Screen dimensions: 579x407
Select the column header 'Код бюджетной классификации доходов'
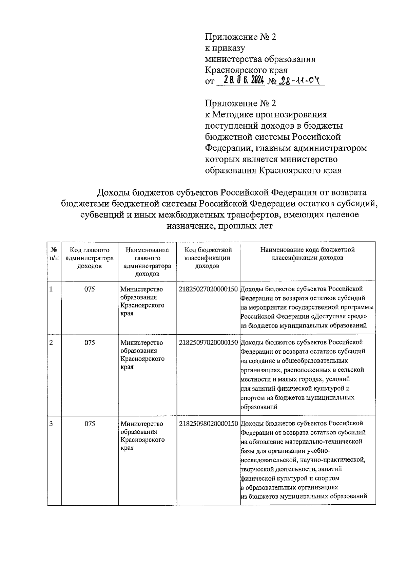pyautogui.click(x=208, y=258)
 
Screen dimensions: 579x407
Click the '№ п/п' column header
pyautogui.click(x=54, y=254)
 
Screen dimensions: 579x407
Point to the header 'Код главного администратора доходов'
pyautogui.click(x=90, y=258)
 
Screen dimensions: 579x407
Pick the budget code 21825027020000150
pyautogui.click(x=208, y=289)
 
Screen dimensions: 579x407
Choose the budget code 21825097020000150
pyautogui.click(x=208, y=342)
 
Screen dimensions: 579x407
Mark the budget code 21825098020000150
pyautogui.click(x=208, y=424)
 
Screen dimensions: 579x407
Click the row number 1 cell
pyautogui.click(x=51, y=289)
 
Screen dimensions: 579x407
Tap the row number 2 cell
pyautogui.click(x=51, y=342)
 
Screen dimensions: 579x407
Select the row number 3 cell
pyautogui.click(x=51, y=424)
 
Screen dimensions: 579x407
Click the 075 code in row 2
pyautogui.click(x=90, y=342)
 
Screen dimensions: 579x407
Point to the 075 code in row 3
pyautogui.click(x=90, y=424)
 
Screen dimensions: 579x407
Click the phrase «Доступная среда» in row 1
pyautogui.click(x=340, y=316)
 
